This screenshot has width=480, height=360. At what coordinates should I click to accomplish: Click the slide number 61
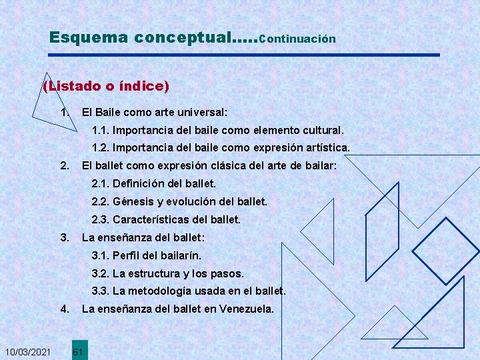[77, 351]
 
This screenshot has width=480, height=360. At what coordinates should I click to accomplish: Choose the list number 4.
[64, 309]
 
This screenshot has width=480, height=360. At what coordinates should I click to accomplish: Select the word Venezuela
[247, 309]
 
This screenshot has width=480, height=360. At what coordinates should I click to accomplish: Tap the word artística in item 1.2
[325, 147]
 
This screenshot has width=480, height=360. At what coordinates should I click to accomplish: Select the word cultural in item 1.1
[321, 130]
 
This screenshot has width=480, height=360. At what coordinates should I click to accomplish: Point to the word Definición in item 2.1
[138, 183]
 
